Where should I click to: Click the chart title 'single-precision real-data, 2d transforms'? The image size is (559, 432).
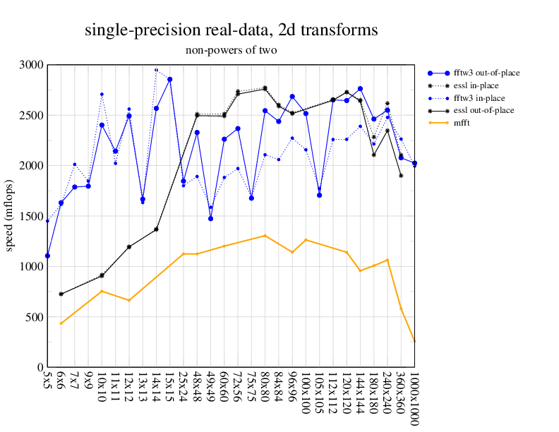[231, 30]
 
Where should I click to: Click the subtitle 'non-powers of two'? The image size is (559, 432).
[231, 50]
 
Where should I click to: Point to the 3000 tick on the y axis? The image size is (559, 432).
[32, 65]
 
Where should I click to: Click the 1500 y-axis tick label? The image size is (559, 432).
[32, 216]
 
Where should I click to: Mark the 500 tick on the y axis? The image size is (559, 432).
[35, 317]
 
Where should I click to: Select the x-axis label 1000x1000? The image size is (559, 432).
[414, 398]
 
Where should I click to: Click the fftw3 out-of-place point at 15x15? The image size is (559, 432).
[169, 79]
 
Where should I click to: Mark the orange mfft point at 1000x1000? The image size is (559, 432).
[414, 341]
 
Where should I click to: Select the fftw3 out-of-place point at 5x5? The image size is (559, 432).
[47, 256]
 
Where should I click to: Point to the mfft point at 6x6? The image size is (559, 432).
[61, 323]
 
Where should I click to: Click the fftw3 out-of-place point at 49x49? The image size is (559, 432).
[210, 219]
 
